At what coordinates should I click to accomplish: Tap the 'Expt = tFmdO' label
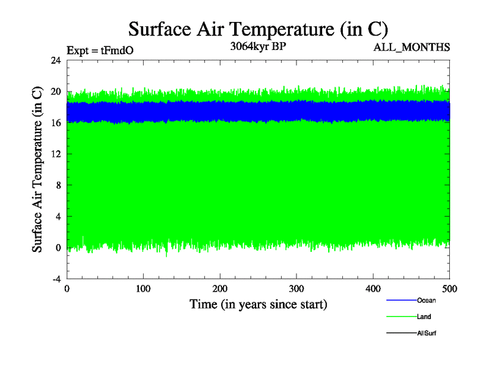[100, 51]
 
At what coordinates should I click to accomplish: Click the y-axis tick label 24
[56, 60]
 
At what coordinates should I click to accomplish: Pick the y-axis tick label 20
[56, 91]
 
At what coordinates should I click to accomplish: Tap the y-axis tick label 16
[56, 123]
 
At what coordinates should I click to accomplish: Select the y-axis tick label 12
[56, 154]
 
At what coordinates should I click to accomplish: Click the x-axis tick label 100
[143, 289]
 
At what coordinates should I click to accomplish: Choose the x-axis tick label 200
[220, 289]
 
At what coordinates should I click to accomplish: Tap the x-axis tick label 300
[296, 289]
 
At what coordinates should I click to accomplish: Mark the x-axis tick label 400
[373, 289]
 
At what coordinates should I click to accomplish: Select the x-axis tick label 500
[449, 289]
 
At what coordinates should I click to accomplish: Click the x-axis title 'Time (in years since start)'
[258, 304]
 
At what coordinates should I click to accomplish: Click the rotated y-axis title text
[37, 170]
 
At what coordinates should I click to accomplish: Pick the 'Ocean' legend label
[427, 300]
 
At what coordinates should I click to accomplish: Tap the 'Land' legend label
[424, 317]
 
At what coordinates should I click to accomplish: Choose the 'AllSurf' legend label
[427, 333]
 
